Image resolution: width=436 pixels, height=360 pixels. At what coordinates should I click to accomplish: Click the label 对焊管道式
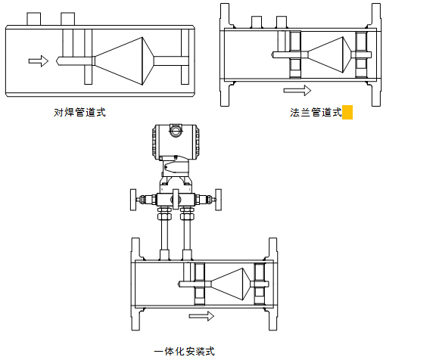(79, 113)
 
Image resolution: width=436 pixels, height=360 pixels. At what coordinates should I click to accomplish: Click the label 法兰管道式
(316, 113)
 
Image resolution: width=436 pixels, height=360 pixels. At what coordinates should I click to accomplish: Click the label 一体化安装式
(185, 352)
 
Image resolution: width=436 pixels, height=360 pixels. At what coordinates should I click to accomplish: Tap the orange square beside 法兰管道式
(347, 112)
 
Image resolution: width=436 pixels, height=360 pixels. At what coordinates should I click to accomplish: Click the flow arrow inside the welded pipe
(39, 61)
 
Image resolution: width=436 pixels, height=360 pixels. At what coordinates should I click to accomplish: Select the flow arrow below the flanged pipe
(297, 90)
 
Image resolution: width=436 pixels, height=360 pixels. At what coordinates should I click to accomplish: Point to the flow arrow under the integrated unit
(201, 316)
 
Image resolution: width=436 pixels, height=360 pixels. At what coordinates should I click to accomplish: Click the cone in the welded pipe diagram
(124, 61)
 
